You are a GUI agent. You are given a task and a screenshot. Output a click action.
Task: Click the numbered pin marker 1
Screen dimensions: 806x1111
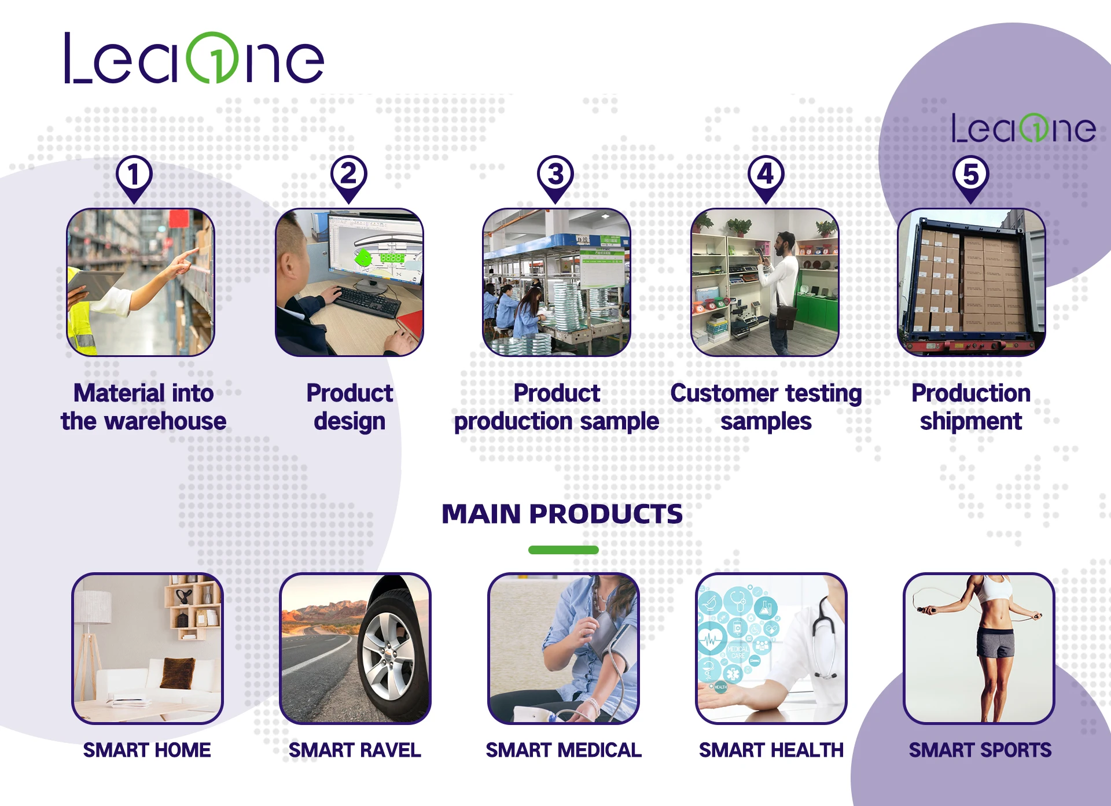pos(134,175)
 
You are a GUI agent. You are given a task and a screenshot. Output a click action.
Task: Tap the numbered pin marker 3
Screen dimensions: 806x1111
pos(555,175)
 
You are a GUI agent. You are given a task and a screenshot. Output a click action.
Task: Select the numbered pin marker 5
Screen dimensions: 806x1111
pos(970,175)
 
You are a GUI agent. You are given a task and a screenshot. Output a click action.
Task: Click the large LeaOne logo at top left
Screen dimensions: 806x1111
pos(194,58)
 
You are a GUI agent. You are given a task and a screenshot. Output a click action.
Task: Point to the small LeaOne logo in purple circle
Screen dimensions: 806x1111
pos(1023,128)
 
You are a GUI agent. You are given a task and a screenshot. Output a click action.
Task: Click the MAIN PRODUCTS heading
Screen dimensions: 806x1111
pos(562,514)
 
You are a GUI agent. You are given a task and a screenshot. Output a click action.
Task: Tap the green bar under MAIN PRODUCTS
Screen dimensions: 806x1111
pos(563,550)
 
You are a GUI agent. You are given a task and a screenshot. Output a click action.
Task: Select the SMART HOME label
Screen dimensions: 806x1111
pos(147,750)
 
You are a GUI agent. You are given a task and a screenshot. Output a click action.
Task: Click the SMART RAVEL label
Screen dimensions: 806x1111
pos(355,750)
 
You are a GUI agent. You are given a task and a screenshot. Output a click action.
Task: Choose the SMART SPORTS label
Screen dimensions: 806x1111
pos(980,750)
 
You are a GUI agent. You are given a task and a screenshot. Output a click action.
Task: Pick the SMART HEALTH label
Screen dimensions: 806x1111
pos(771,750)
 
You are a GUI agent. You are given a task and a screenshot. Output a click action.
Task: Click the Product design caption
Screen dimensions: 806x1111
pos(350,407)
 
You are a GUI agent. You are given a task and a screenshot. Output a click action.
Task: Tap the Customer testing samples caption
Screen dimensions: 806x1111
pos(766,407)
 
